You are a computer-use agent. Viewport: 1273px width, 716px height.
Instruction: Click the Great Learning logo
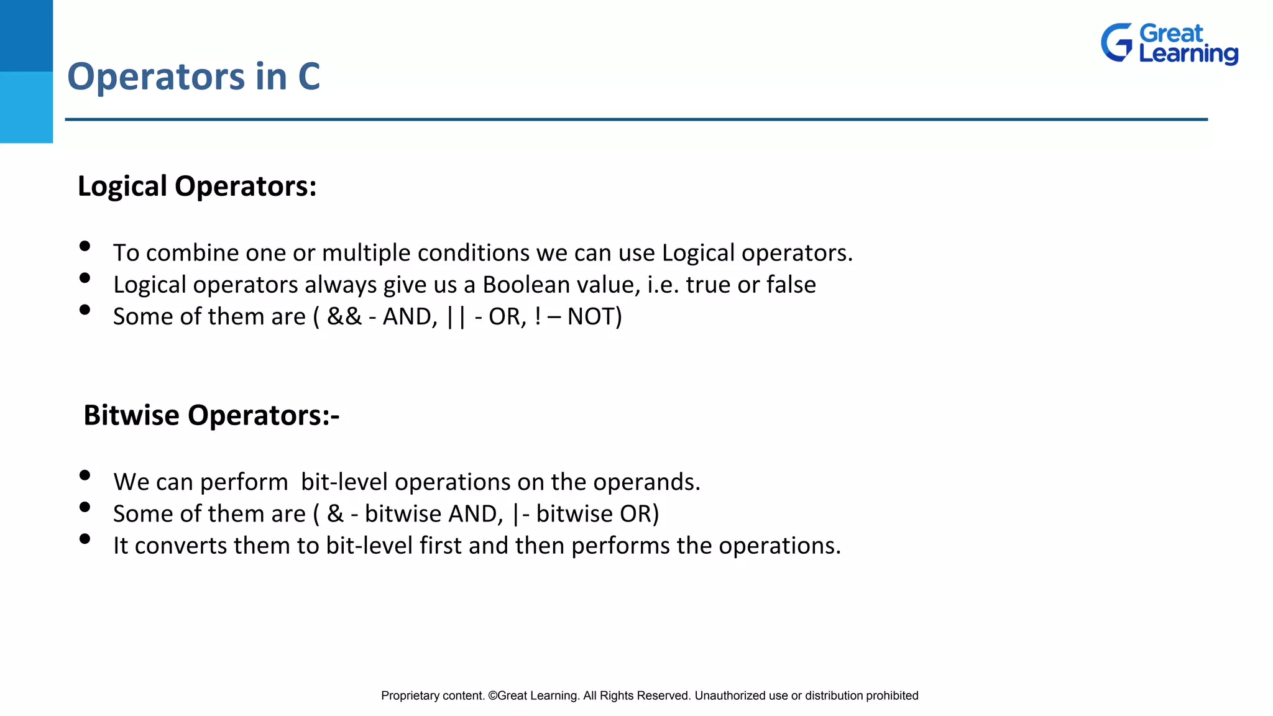click(1169, 44)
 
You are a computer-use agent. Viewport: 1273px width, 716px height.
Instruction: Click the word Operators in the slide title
click(156, 77)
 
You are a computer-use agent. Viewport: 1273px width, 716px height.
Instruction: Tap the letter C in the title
click(309, 77)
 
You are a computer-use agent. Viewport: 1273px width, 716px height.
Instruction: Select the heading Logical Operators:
click(197, 186)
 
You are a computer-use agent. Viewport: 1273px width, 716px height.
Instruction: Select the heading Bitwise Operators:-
click(211, 415)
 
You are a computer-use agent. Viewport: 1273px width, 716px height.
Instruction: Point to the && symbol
click(344, 316)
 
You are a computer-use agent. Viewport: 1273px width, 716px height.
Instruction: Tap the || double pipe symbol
click(456, 316)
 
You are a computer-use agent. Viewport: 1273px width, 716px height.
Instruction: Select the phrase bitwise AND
click(431, 514)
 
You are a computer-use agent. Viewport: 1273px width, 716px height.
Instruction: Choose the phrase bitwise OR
click(593, 514)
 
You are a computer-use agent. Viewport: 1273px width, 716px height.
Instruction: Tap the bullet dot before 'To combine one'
click(85, 246)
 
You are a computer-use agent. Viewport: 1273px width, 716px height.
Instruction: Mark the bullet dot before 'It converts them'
click(85, 539)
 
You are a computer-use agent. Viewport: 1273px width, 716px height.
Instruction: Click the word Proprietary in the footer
click(410, 695)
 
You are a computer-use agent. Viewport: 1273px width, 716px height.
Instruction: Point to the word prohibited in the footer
click(892, 695)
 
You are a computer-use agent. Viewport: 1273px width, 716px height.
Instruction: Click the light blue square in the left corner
click(26, 107)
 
